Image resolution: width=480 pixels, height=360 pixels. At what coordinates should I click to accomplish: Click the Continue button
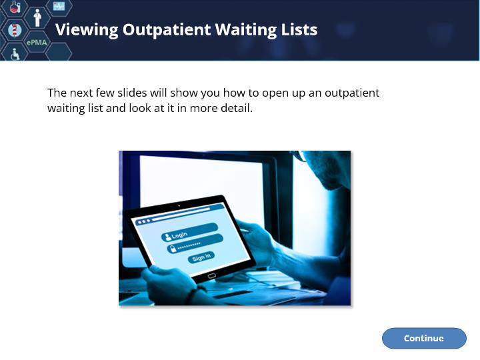coord(424,338)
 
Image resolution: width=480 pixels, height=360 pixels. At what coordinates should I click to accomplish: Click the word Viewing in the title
coord(87,30)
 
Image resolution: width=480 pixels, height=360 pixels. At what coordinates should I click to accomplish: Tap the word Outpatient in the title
coord(167,30)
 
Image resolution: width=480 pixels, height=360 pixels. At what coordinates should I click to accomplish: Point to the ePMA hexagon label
coord(37,42)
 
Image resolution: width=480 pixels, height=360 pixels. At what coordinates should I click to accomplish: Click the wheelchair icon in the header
coord(15,54)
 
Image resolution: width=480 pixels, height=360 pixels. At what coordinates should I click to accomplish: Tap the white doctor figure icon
coord(37,18)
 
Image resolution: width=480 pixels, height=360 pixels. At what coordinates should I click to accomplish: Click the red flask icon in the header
coord(15,7)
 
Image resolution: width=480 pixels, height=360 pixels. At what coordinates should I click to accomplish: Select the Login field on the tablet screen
coord(189,232)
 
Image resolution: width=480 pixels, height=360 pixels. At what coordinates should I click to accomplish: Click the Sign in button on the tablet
coord(201,257)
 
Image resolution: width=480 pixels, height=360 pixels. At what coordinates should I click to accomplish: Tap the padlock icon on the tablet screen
coord(173,249)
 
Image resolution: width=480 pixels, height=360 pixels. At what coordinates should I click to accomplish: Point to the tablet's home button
coord(211,276)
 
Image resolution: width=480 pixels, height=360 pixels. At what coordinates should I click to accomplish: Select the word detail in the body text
coord(237,108)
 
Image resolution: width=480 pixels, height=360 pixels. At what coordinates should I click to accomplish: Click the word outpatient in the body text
coord(352,93)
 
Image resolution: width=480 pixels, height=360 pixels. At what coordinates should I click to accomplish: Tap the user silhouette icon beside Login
coord(167,237)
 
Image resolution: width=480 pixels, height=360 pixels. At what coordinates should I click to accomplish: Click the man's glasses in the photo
coord(300,156)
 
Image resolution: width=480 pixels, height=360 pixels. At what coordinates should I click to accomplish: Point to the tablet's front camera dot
coord(179,206)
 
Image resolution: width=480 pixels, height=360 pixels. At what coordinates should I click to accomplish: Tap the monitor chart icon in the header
coord(59,5)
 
